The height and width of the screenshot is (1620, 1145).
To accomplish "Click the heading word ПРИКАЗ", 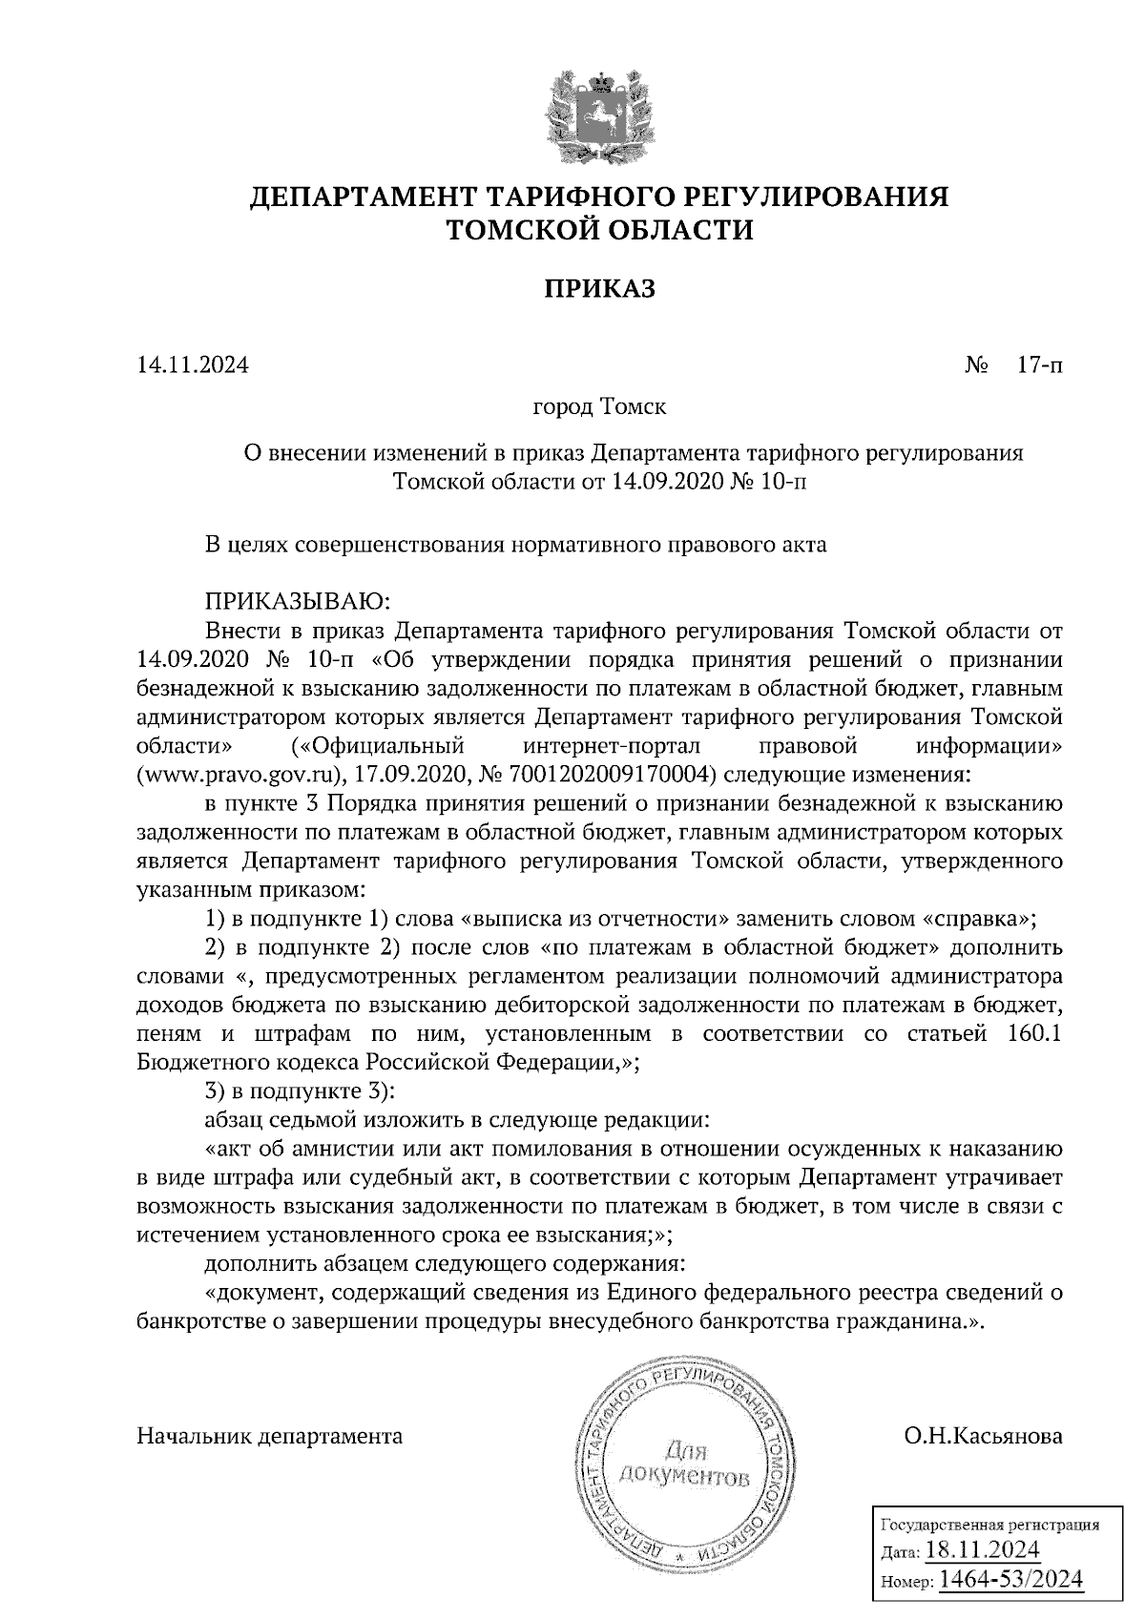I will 599,289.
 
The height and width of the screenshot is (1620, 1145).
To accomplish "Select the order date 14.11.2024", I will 192,364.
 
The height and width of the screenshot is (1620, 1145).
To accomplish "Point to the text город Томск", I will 599,407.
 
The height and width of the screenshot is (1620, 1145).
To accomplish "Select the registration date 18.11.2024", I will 982,1548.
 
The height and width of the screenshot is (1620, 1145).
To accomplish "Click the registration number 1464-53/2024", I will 1011,1580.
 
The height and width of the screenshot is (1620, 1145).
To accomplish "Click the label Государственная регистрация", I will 989,1525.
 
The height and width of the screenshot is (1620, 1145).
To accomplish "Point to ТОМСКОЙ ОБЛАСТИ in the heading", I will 599,230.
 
